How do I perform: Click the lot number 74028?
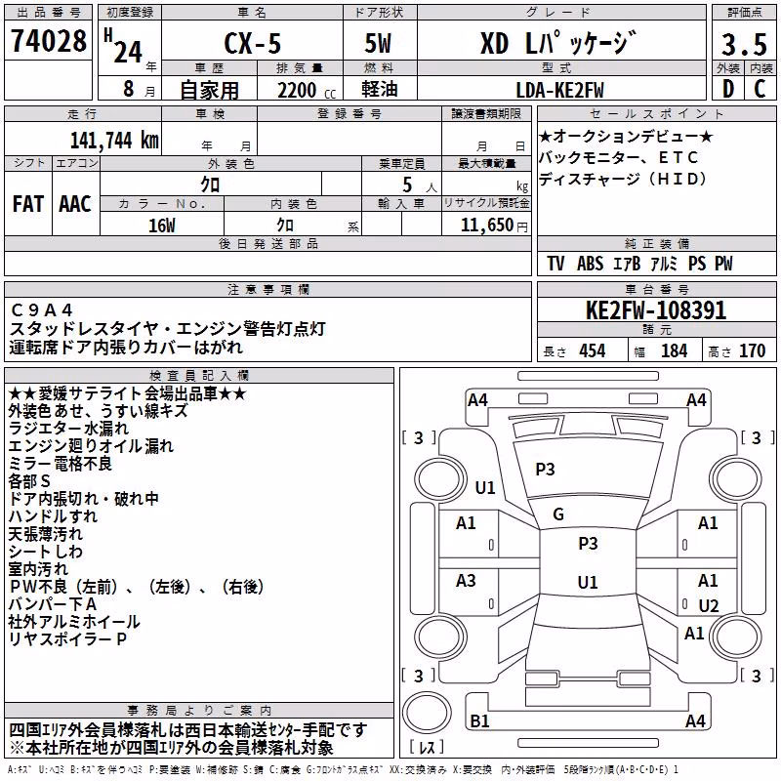click(x=49, y=40)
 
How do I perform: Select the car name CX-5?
click(x=253, y=43)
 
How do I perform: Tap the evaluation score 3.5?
click(x=744, y=44)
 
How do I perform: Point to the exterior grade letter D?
click(x=728, y=89)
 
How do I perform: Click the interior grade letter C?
click(x=760, y=89)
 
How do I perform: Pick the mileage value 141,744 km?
click(x=114, y=141)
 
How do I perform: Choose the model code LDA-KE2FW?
click(x=559, y=90)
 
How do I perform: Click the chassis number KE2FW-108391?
click(x=656, y=310)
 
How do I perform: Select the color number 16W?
click(x=162, y=226)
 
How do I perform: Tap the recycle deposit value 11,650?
click(x=487, y=226)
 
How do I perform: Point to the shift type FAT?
click(x=28, y=204)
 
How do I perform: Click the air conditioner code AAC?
click(x=75, y=204)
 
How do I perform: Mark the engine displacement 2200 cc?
click(x=307, y=91)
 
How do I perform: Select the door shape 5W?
click(x=379, y=43)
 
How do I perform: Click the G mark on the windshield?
click(x=558, y=514)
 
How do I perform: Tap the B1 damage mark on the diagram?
click(x=479, y=720)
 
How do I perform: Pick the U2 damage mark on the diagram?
click(x=709, y=605)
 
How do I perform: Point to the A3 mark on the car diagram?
click(x=466, y=580)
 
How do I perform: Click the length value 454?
click(x=593, y=351)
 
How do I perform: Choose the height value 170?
click(x=752, y=351)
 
